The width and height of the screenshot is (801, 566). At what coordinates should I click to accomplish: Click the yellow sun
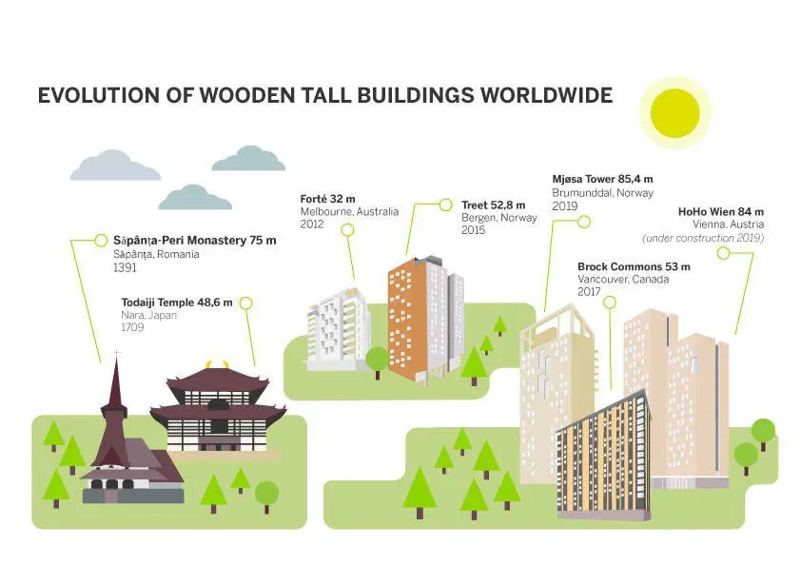click(x=674, y=113)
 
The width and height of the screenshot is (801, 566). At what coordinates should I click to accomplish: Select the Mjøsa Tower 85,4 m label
click(x=602, y=179)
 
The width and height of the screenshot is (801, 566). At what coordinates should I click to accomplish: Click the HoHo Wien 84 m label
click(x=721, y=211)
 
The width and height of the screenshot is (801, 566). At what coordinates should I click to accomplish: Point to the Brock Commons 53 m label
click(x=634, y=266)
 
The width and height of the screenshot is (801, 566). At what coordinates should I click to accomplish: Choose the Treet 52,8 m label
click(x=493, y=205)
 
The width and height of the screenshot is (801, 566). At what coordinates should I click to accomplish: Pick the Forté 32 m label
click(x=327, y=199)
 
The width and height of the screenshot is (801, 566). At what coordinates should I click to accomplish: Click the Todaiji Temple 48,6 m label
click(x=177, y=303)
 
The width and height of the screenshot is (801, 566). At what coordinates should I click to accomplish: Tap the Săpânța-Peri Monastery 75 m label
click(x=195, y=241)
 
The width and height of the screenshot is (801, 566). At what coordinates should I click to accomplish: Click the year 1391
click(x=125, y=267)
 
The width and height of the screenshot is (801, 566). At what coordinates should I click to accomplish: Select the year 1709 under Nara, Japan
click(x=132, y=327)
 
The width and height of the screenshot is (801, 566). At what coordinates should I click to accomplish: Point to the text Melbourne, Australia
click(x=349, y=211)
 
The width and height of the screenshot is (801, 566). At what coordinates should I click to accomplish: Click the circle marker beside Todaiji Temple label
click(x=246, y=303)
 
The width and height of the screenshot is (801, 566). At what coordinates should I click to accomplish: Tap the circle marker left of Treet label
click(x=446, y=205)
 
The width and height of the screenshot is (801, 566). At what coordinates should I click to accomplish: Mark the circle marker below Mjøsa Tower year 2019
click(x=584, y=222)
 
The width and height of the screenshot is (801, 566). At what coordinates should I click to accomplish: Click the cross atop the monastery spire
click(x=117, y=354)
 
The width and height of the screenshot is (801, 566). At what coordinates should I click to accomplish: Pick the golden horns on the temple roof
click(x=217, y=364)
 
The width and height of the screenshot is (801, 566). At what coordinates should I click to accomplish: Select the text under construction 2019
click(x=703, y=238)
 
